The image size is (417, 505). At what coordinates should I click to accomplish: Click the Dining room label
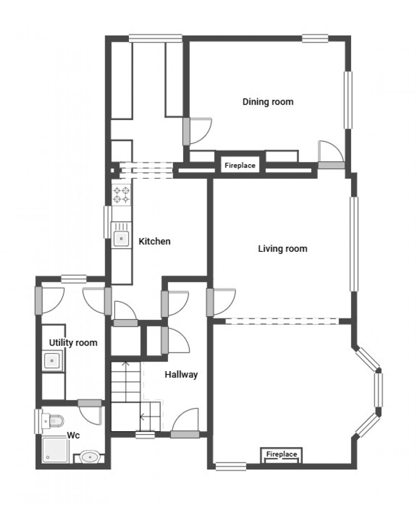click(268, 102)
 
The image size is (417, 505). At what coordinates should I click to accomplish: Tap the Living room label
click(282, 249)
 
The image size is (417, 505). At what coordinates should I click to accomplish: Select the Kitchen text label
click(154, 241)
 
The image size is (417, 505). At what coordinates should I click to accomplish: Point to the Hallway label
click(181, 374)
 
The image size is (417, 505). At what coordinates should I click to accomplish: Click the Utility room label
click(73, 343)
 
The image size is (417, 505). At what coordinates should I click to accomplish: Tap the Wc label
click(73, 435)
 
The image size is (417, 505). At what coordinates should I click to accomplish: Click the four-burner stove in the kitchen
click(121, 195)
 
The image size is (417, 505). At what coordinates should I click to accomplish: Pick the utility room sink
click(52, 360)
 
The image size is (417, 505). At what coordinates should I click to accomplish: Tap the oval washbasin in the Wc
click(89, 457)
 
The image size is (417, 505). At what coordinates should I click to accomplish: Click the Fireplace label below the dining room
click(240, 166)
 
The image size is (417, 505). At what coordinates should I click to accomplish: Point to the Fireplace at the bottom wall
click(281, 455)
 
